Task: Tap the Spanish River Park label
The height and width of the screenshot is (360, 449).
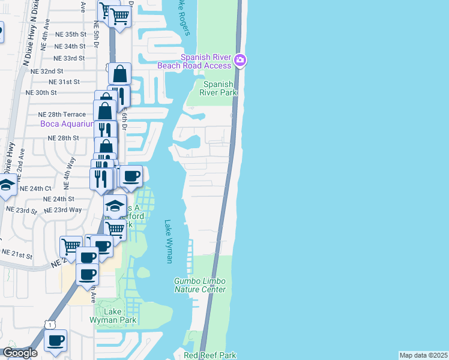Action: click(x=220, y=88)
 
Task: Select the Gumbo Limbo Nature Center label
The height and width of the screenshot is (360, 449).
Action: click(x=200, y=285)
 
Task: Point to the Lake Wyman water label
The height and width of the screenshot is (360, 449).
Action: click(x=169, y=241)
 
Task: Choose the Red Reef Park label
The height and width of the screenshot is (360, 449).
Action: click(x=210, y=355)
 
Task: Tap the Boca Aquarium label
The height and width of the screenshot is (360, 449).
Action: click(x=67, y=124)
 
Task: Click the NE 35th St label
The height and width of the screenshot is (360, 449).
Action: click(x=70, y=35)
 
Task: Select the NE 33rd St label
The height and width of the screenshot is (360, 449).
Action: click(x=69, y=58)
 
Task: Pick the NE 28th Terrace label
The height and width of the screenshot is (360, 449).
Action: click(x=62, y=114)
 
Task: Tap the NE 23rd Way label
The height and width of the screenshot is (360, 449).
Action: click(x=67, y=210)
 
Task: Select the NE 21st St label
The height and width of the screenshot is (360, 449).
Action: click(x=17, y=256)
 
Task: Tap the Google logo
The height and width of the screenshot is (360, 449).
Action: click(x=20, y=353)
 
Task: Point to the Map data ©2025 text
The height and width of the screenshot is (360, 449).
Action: click(x=424, y=355)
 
